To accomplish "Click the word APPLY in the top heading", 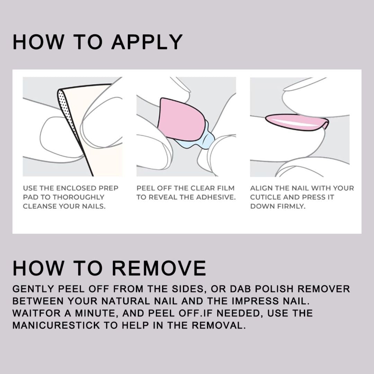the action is click(x=147, y=42).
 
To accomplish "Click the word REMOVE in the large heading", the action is click(x=159, y=268).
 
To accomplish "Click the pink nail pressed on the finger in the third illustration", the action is click(x=297, y=122).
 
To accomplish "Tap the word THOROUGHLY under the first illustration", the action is click(x=78, y=197).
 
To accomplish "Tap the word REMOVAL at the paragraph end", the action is click(x=219, y=325).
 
